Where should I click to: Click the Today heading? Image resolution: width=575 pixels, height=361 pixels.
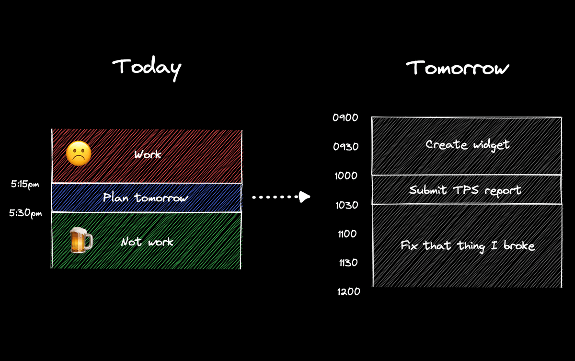click(x=147, y=68)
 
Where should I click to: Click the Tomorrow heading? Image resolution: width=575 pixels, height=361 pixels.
click(x=458, y=68)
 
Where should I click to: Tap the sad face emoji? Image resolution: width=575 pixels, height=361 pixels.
click(x=79, y=154)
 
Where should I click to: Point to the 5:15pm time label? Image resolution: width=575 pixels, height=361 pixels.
click(x=25, y=184)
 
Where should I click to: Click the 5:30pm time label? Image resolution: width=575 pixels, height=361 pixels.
click(x=25, y=213)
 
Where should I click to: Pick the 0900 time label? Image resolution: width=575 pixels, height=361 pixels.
click(x=345, y=117)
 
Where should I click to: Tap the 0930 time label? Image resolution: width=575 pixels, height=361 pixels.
click(x=345, y=147)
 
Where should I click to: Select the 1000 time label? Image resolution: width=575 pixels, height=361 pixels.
click(x=345, y=176)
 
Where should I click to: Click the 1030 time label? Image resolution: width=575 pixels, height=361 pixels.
click(x=345, y=205)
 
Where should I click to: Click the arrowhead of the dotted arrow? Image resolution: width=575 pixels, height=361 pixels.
click(x=304, y=197)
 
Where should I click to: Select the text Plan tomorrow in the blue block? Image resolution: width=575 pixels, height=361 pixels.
click(x=146, y=198)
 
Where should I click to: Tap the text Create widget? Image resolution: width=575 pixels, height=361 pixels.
click(x=467, y=144)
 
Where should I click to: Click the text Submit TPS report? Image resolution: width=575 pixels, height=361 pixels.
click(x=465, y=190)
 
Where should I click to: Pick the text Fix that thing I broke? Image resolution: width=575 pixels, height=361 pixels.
click(x=467, y=246)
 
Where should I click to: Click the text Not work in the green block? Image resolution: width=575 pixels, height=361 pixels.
click(x=147, y=242)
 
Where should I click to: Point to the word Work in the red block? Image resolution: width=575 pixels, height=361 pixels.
click(x=148, y=155)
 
